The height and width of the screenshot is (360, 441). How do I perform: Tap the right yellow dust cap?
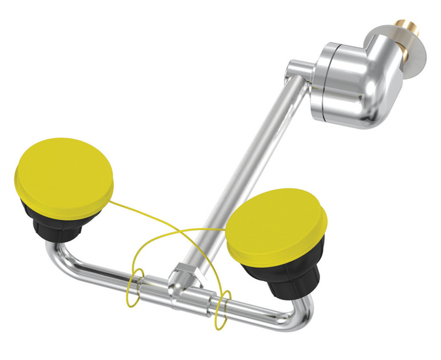(276, 225)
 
